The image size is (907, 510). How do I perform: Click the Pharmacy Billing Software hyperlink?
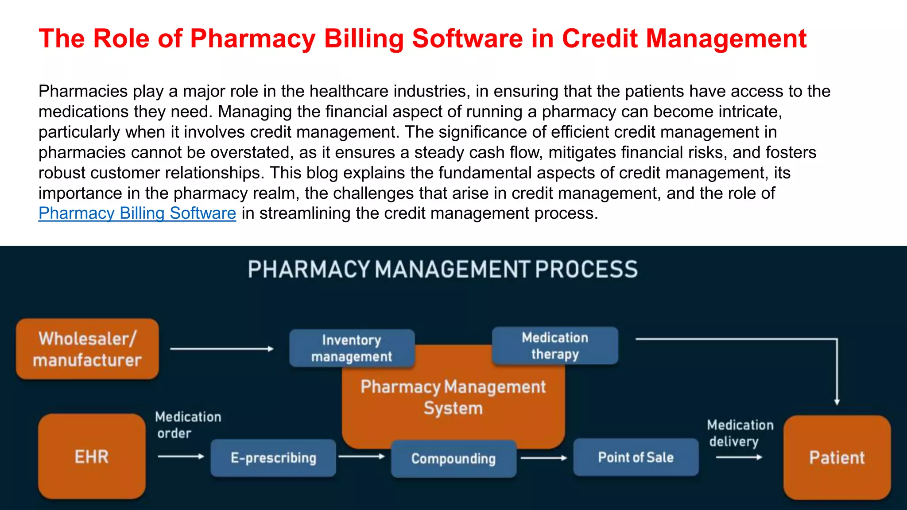click(x=137, y=213)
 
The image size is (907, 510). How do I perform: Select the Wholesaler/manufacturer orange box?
click(x=87, y=349)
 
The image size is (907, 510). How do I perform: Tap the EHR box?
click(x=92, y=456)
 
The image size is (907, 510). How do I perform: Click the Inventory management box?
click(x=352, y=348)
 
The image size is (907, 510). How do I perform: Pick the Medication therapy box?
click(x=555, y=346)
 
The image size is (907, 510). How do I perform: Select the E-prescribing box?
click(x=273, y=458)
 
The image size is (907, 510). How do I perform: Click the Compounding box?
click(x=453, y=459)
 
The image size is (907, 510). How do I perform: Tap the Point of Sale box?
click(x=636, y=457)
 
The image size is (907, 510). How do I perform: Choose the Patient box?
click(x=837, y=457)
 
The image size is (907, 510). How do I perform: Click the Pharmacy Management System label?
click(x=453, y=397)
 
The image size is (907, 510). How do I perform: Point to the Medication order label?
click(x=187, y=425)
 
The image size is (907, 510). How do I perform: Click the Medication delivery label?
click(x=740, y=433)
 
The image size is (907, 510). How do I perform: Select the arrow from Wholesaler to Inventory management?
click(x=221, y=349)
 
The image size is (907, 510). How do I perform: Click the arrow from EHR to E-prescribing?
click(x=181, y=456)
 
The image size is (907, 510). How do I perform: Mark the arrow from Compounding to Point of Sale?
click(x=544, y=458)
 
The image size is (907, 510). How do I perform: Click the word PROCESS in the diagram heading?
click(x=586, y=270)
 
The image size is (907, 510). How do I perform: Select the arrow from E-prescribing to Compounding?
click(x=361, y=456)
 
